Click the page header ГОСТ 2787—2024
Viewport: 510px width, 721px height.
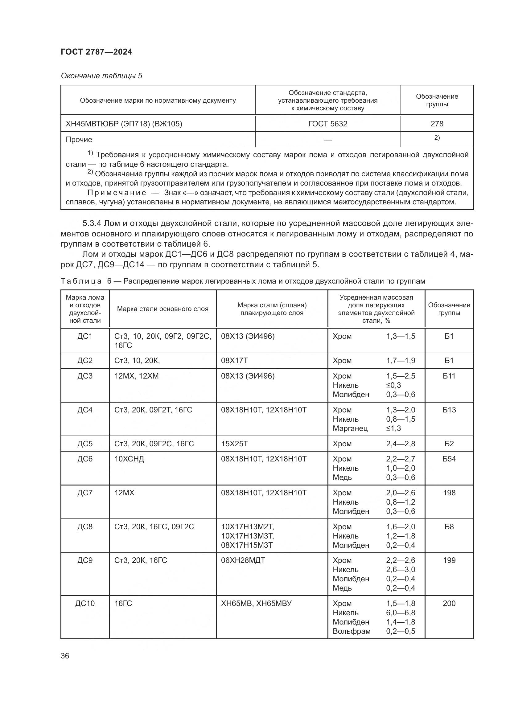click(97, 52)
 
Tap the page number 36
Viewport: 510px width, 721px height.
click(65, 656)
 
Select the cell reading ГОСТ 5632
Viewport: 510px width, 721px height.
click(327, 124)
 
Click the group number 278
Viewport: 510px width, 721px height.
click(437, 124)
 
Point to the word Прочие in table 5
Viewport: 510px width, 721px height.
click(79, 139)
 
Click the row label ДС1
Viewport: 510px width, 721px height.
click(85, 336)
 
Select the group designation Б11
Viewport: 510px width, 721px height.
click(449, 376)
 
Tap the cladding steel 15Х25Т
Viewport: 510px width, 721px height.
click(234, 444)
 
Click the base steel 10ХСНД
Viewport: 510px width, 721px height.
click(129, 459)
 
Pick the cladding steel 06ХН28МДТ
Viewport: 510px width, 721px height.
click(243, 560)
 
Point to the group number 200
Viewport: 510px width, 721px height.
click(449, 603)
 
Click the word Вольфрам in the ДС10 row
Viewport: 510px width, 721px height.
click(352, 631)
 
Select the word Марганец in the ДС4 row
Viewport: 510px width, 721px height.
click(350, 428)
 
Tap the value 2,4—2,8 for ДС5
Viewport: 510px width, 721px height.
click(401, 444)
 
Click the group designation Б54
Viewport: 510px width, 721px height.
click(449, 459)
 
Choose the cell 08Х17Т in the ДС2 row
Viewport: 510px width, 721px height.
click(234, 361)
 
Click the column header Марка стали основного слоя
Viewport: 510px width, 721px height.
click(163, 309)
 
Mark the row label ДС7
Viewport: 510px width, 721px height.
click(85, 493)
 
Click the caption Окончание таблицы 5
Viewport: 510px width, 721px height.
click(101, 76)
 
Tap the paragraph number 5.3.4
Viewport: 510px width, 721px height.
click(92, 223)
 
